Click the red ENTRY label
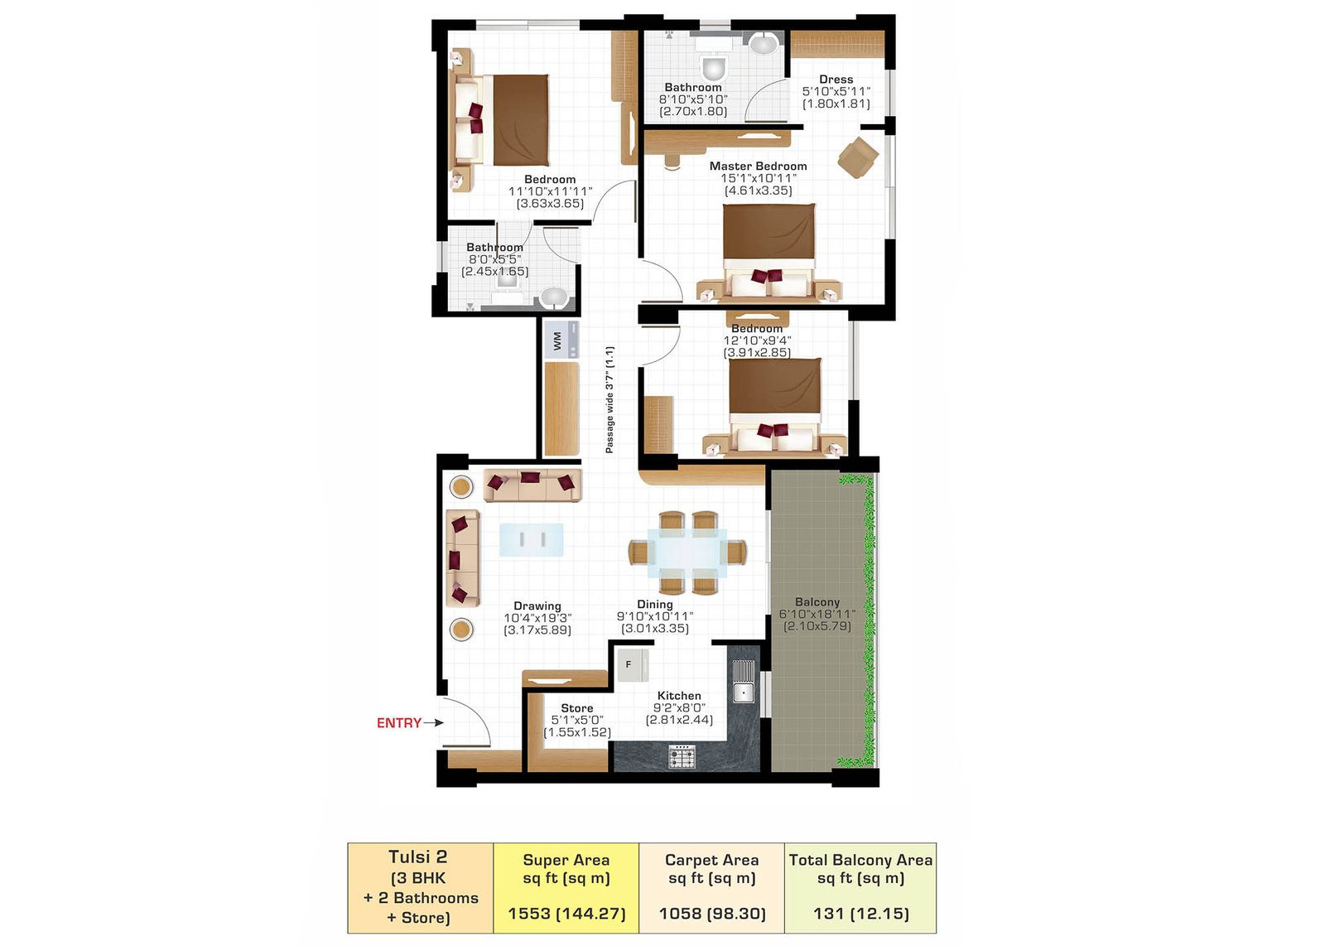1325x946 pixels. click(x=399, y=722)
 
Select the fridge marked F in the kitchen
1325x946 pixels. click(x=633, y=665)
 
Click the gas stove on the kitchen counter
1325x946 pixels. click(x=682, y=756)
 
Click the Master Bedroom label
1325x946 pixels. click(x=758, y=167)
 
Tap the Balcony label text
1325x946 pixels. click(x=817, y=602)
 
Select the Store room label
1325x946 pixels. click(x=576, y=708)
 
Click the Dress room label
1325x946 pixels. click(x=836, y=80)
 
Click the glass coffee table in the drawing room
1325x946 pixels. click(x=531, y=539)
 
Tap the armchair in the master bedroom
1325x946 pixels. click(x=858, y=157)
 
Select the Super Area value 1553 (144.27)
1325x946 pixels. click(x=566, y=914)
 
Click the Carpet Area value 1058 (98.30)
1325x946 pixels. click(x=712, y=914)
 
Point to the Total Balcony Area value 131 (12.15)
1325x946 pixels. click(x=860, y=914)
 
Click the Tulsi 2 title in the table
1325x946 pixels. click(x=417, y=857)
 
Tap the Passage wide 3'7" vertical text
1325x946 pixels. click(x=609, y=400)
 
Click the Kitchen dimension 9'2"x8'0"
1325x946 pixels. click(x=679, y=707)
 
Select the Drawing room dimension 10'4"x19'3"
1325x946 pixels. click(x=537, y=618)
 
